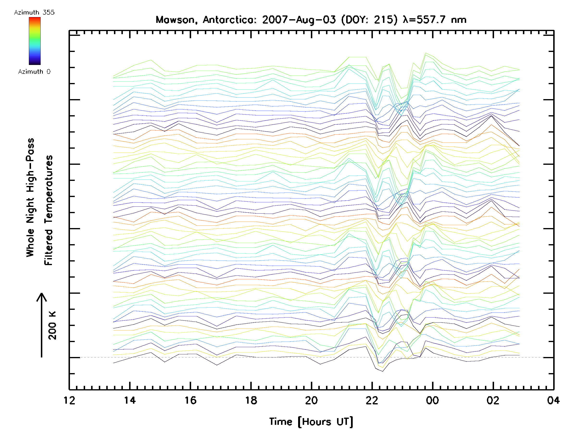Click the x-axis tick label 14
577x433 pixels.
[x=130, y=400]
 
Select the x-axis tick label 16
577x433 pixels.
[x=190, y=400]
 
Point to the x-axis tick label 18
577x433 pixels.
[x=251, y=400]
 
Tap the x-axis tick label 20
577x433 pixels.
[x=311, y=400]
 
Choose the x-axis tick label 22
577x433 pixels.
[x=372, y=400]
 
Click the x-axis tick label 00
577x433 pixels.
[x=432, y=400]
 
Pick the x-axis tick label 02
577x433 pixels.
[x=493, y=400]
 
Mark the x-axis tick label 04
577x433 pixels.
[x=553, y=400]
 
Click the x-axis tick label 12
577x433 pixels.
[x=69, y=400]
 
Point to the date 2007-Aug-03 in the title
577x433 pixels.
[x=299, y=20]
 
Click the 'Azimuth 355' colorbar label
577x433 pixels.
[x=34, y=12]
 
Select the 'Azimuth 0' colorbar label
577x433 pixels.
[x=34, y=71]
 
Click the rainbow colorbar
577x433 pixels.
[x=35, y=41]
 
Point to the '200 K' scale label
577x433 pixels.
[x=52, y=325]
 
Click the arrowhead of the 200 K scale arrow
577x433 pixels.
[x=42, y=297]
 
